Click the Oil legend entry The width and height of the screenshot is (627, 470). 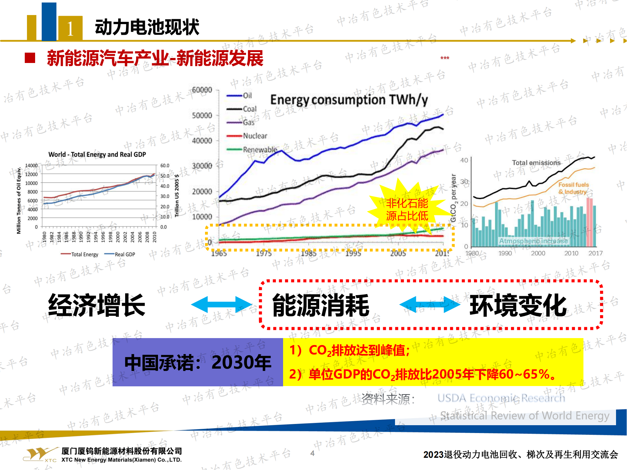click(247, 96)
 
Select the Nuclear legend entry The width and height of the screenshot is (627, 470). click(255, 136)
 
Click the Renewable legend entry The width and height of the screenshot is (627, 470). click(260, 150)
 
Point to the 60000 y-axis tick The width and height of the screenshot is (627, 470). click(202, 90)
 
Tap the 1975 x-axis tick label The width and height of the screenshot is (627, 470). click(264, 253)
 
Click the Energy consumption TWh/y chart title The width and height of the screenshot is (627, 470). click(349, 100)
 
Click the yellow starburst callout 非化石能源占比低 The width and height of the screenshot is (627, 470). click(407, 209)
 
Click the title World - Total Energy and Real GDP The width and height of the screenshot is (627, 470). click(97, 154)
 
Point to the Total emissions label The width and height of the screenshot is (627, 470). click(536, 163)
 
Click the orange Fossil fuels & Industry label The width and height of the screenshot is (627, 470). click(573, 188)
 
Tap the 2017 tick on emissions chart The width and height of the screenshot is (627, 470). click(595, 253)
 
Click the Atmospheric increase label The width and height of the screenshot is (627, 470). click(533, 241)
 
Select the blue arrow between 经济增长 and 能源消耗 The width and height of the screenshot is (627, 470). click(221, 304)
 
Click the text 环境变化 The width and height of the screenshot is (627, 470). click(518, 305)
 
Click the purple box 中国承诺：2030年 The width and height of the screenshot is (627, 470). click(198, 362)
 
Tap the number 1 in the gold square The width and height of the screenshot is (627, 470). click(70, 29)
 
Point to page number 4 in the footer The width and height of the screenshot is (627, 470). click(312, 453)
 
